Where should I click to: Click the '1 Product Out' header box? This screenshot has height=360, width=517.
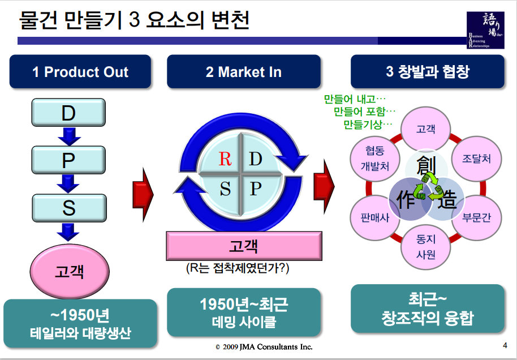pyautogui.click(x=80, y=72)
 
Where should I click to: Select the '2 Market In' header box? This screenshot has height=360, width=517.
pyautogui.click(x=244, y=72)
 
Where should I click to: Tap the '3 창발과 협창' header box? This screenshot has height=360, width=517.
pyautogui.click(x=427, y=72)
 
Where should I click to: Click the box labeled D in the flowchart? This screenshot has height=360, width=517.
pyautogui.click(x=68, y=113)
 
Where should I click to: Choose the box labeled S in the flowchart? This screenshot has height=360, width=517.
pyautogui.click(x=68, y=208)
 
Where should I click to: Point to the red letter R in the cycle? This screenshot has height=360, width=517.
pyautogui.click(x=225, y=159)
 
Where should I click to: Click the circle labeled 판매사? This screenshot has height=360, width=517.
pyautogui.click(x=375, y=217)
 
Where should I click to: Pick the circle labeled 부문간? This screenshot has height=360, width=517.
pyautogui.click(x=477, y=217)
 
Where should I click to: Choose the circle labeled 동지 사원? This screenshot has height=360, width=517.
pyautogui.click(x=425, y=247)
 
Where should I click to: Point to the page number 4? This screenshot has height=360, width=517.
pyautogui.click(x=505, y=346)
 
